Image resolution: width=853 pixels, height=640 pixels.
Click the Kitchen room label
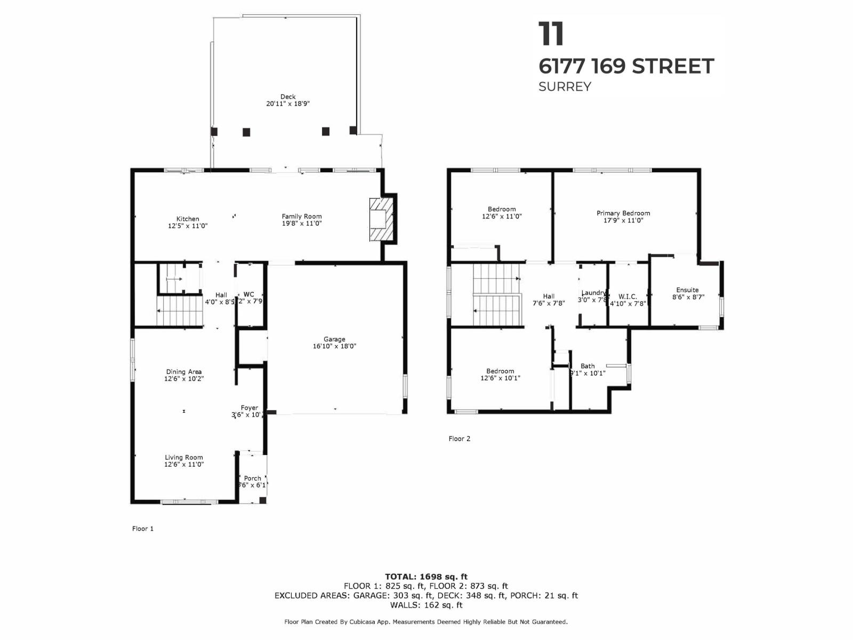[x=188, y=219]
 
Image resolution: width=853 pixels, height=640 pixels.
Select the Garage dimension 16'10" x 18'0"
[x=334, y=346]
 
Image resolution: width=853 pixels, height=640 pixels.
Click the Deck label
[x=288, y=97]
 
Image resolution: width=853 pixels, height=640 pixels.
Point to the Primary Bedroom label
[x=623, y=213]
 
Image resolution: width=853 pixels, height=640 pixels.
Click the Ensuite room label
[x=687, y=290]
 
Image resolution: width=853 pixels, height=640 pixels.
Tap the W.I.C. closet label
[x=627, y=297]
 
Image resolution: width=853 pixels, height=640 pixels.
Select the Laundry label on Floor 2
[x=593, y=293]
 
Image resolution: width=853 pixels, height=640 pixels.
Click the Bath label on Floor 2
[x=588, y=366]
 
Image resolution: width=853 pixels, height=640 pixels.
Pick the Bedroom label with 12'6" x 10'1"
[x=500, y=371]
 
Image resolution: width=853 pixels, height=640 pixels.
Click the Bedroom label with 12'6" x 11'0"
[x=502, y=209]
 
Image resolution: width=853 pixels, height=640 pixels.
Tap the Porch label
[x=253, y=478]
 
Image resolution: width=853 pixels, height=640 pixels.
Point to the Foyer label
[x=249, y=407]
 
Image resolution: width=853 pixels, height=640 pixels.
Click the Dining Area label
[x=184, y=372]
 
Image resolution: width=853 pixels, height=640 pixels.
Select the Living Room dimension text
[x=184, y=465]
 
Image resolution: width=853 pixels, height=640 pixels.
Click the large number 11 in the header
[x=551, y=34]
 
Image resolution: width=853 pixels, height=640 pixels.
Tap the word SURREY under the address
[x=565, y=86]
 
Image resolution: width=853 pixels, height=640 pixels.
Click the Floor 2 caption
[x=460, y=438]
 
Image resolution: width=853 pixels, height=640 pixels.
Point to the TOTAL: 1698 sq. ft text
[x=426, y=577]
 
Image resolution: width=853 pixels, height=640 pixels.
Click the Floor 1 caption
[x=143, y=529]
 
